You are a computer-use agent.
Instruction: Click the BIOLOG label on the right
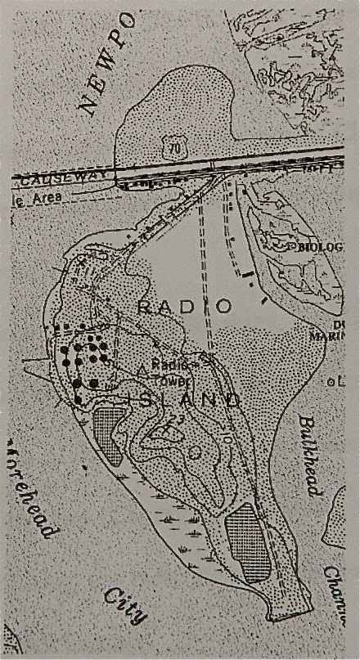(x=318, y=246)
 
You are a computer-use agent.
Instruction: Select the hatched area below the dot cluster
(x=106, y=427)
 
